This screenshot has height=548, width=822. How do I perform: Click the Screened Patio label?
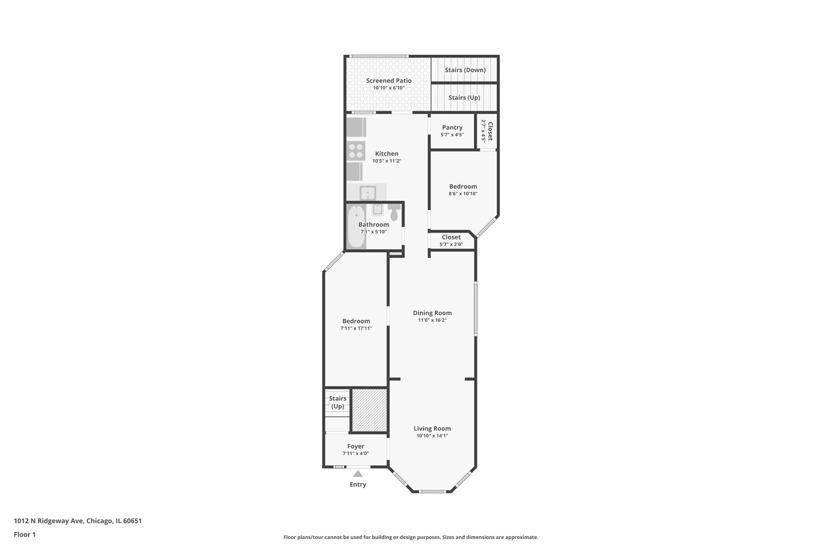coord(389,81)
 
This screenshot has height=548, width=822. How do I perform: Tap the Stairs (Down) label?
coord(465,70)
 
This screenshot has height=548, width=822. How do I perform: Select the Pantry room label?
coord(452,127)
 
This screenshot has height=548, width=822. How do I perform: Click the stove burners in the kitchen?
coord(356,151)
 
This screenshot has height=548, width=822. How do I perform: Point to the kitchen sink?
coord(368,193)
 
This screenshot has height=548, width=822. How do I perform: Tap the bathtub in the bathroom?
coord(356,227)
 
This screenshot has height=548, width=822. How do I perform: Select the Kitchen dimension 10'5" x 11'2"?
coord(387,161)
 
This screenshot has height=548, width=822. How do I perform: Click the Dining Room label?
coord(432,313)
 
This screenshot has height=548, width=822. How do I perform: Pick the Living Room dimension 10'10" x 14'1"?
coord(432,436)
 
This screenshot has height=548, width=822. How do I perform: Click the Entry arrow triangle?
coord(358,474)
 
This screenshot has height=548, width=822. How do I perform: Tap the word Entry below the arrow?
coord(358,485)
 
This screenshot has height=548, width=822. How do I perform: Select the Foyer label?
coord(356,447)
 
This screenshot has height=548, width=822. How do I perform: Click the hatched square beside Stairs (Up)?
coord(369,410)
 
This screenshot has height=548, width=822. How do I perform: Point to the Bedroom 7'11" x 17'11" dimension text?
coord(356,328)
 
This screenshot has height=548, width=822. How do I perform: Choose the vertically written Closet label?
coord(490,131)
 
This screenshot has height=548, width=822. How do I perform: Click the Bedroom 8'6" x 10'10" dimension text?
coord(463,193)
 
